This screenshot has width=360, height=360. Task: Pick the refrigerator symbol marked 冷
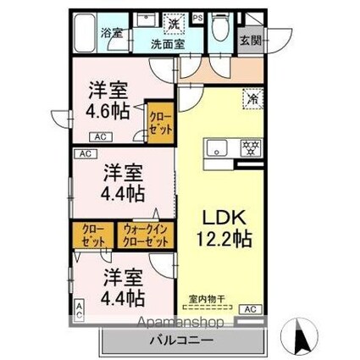tap(252, 98)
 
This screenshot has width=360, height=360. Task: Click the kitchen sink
tap(217, 147)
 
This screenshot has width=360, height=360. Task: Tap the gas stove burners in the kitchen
tap(251, 147)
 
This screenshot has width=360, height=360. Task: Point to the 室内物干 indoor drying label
tap(208, 299)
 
